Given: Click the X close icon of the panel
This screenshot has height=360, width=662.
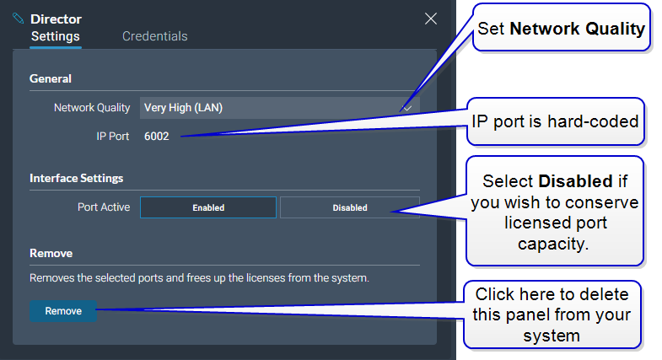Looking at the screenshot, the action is click(431, 19).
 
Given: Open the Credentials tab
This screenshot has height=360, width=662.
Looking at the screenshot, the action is click(155, 36).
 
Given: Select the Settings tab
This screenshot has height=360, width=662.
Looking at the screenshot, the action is click(56, 36).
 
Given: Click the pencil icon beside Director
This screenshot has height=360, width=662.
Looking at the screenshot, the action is click(19, 19).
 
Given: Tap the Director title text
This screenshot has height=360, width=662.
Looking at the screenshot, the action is click(57, 19).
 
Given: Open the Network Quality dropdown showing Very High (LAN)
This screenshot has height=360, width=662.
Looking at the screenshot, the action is click(279, 108).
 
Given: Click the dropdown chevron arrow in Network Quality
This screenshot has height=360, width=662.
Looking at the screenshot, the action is click(407, 108).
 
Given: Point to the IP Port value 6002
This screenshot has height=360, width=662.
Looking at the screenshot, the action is click(157, 137).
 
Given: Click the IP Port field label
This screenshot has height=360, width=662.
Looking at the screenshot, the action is click(113, 137).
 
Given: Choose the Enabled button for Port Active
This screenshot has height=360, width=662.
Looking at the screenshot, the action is click(208, 207).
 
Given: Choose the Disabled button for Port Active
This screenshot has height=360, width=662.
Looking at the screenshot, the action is click(350, 207).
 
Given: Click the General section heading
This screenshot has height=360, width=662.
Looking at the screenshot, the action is click(51, 78).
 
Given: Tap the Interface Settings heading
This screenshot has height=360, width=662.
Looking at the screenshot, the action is click(77, 178).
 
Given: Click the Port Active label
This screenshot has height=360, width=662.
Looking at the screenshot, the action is click(104, 207).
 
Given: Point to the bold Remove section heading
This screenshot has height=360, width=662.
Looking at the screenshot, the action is click(51, 253).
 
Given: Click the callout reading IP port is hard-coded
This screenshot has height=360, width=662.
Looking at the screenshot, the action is click(555, 121).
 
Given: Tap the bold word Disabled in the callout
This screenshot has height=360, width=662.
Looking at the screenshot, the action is click(575, 181).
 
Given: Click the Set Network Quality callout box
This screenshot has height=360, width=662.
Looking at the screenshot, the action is click(561, 28).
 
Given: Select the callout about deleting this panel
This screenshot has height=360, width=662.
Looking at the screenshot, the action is click(552, 314).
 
